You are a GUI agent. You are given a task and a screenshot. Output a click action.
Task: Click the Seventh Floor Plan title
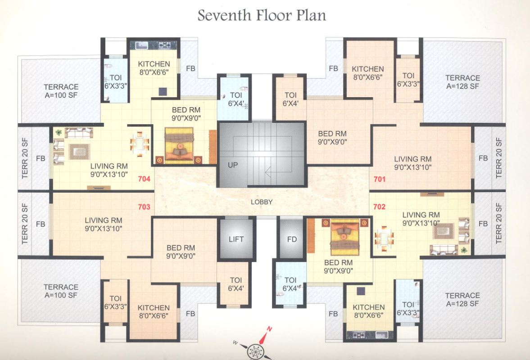[x=262, y=15]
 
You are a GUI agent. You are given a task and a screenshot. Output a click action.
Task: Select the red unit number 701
[x=380, y=179]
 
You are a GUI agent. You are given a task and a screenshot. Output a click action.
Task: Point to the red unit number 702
[x=380, y=207]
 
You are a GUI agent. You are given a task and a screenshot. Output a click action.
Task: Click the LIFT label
[x=236, y=239]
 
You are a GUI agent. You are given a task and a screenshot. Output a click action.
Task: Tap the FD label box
[x=292, y=239]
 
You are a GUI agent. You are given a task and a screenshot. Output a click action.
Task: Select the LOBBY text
[x=262, y=202]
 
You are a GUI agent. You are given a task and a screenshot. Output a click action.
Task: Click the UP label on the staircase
[x=232, y=165]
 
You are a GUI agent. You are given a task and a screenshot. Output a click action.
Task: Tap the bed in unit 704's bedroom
[x=179, y=144]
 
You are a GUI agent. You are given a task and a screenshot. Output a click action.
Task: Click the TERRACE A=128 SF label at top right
[x=462, y=82]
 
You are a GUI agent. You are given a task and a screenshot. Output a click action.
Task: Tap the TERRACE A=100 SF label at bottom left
[x=61, y=291]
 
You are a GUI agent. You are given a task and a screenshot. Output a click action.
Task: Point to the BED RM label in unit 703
[x=181, y=252]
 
